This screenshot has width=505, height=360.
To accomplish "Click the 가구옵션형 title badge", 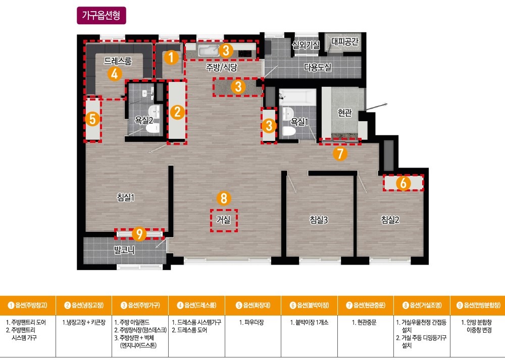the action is tap(101, 16).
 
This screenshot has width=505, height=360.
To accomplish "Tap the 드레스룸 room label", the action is tap(118, 61).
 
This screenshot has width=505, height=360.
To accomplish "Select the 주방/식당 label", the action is tap(222, 67).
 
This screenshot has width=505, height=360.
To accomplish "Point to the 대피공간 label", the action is tap(344, 41).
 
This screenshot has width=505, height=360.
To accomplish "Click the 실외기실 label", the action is tap(306, 45).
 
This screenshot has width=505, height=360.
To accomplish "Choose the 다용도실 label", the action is tap(318, 67).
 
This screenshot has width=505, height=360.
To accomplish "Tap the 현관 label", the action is tap(344, 113).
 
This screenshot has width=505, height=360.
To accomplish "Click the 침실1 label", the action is tap(126, 197).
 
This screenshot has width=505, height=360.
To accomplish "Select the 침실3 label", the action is tap(319, 220).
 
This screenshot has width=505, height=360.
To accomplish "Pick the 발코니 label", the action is tap(124, 250).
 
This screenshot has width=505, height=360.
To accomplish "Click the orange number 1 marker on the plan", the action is tap(171, 58).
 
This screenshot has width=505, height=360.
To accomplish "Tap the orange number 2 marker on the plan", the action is tap(177, 112).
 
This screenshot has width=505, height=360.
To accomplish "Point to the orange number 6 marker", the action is tap(403, 183).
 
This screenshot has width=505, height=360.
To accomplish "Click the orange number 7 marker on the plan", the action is tap(340, 153).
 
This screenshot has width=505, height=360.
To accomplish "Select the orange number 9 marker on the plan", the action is tap(139, 234).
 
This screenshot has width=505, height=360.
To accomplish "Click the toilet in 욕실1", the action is tap(289, 131).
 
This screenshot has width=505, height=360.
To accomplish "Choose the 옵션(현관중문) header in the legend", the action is tap(366, 305).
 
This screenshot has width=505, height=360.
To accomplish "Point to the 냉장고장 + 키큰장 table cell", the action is tap(84, 322).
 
